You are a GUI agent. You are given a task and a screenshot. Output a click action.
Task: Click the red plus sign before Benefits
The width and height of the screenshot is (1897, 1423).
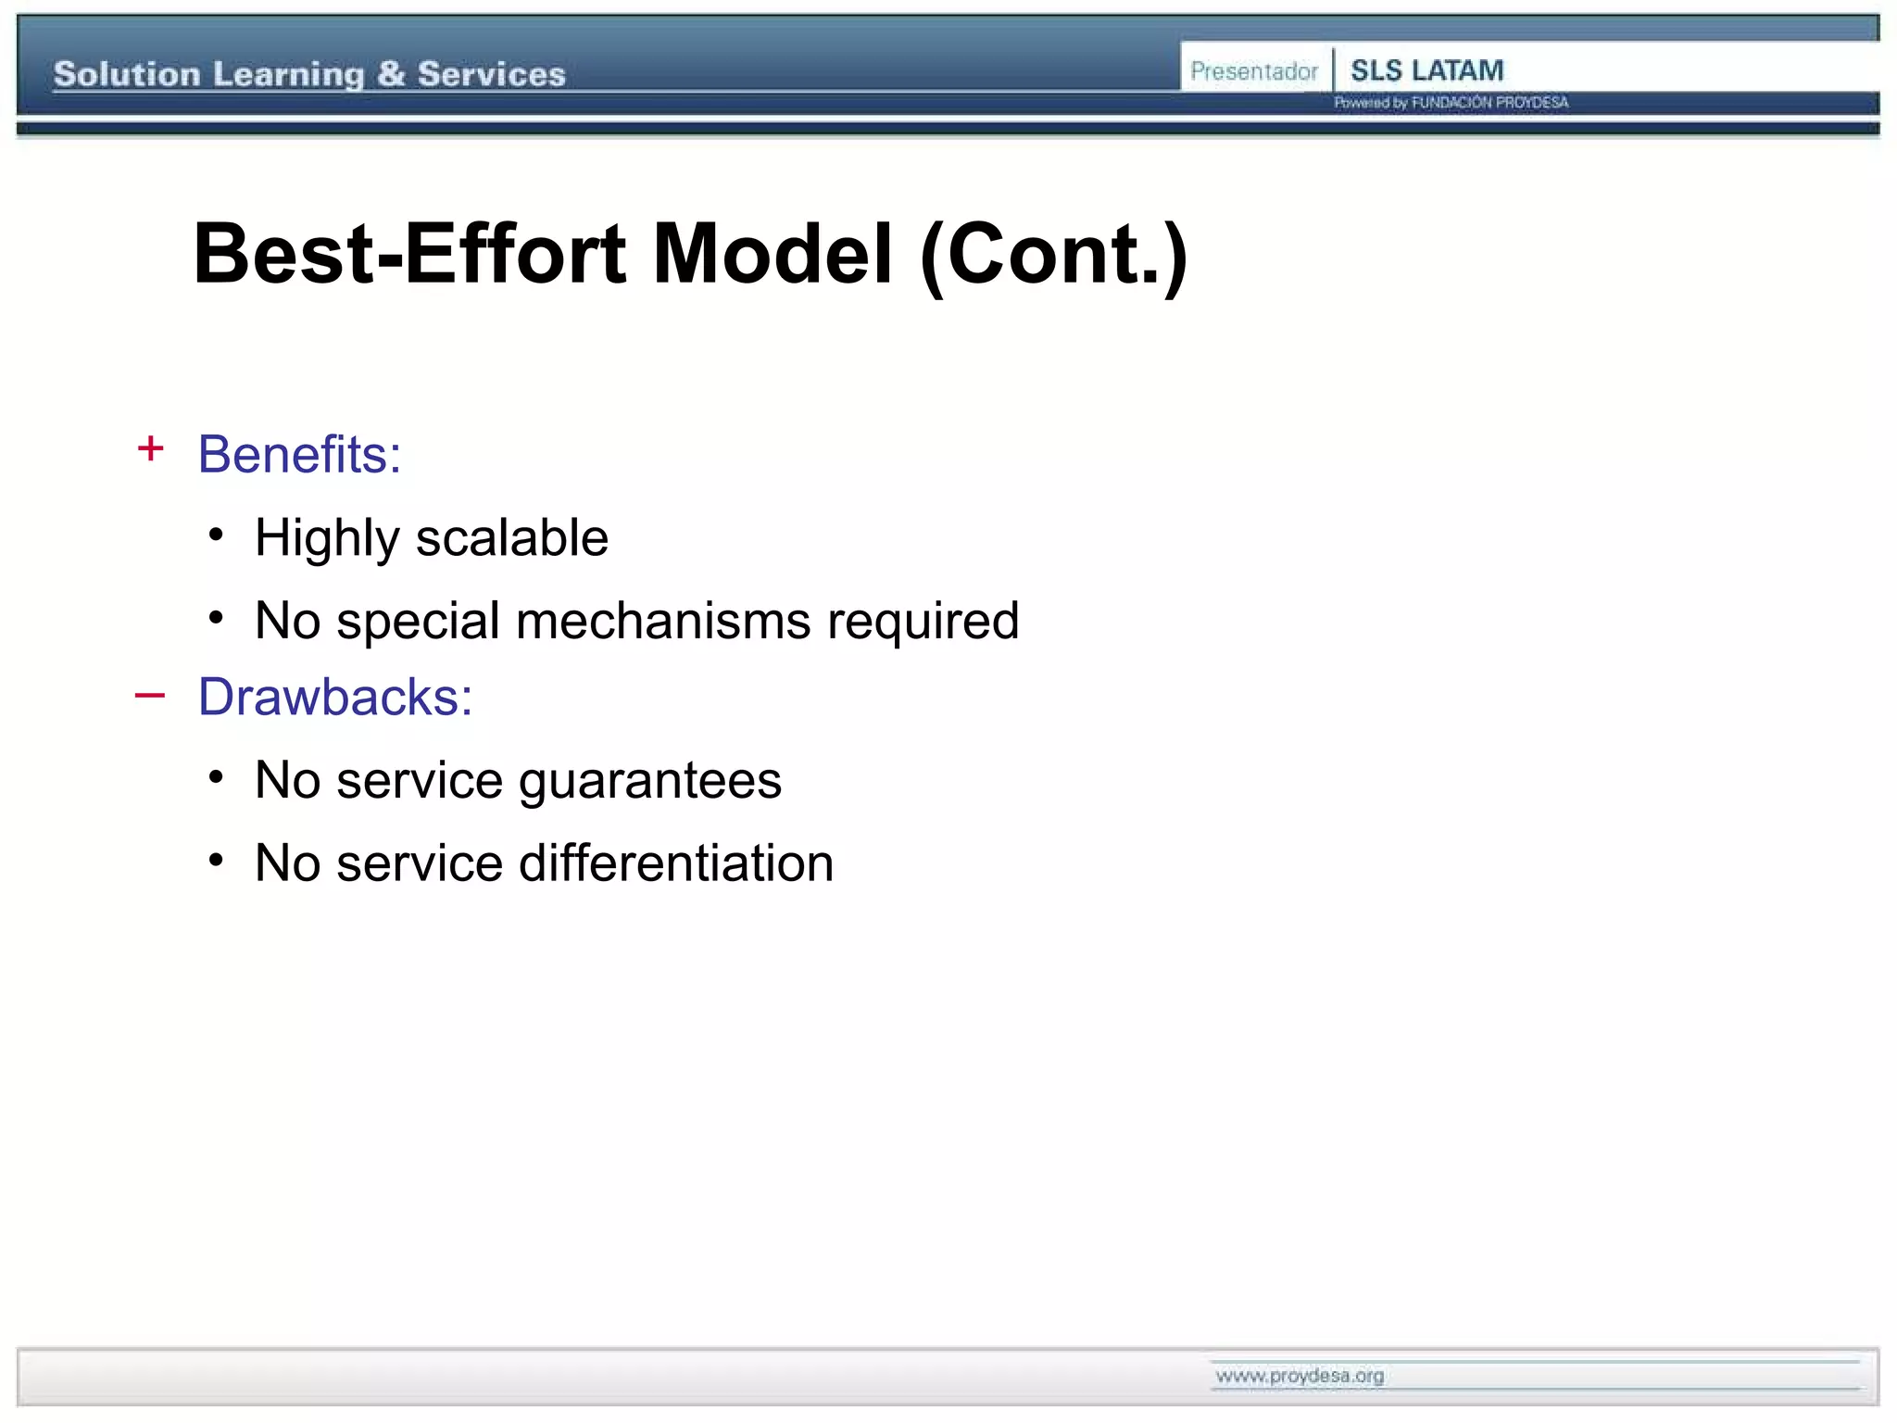[x=150, y=449]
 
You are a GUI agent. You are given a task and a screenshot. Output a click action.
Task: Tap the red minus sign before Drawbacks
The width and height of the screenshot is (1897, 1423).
[x=150, y=695]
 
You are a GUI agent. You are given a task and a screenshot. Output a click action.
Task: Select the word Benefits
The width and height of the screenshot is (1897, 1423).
[x=299, y=454]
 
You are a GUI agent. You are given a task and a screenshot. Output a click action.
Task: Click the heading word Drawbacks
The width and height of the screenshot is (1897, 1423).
[x=334, y=697]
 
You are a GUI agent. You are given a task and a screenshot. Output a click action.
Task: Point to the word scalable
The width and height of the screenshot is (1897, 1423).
[x=511, y=537]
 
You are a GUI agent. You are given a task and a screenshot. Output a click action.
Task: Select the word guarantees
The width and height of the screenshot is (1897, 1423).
[x=650, y=780]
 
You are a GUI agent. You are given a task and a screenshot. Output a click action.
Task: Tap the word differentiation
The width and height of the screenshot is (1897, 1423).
[x=676, y=863]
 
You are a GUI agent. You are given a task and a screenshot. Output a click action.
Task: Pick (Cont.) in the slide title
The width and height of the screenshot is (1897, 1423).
[x=1054, y=256]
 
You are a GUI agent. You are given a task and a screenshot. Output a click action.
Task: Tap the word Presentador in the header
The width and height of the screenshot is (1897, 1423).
[x=1253, y=71]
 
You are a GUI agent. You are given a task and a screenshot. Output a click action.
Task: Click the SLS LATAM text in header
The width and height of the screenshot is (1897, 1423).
[x=1426, y=70]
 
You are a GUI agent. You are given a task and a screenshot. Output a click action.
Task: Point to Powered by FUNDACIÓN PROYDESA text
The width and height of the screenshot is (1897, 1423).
[x=1451, y=103]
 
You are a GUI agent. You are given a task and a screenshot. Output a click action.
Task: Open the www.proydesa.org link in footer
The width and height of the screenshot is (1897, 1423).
[x=1299, y=1376]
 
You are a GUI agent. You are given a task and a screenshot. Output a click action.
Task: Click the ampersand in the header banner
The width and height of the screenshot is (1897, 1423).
[x=391, y=74]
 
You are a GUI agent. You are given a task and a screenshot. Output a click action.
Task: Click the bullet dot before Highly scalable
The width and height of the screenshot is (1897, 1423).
[x=216, y=535]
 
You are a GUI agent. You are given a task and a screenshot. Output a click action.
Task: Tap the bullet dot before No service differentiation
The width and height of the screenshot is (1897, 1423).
[x=216, y=861]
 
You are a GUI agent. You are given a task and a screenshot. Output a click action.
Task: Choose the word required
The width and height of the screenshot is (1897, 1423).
[x=923, y=621]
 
